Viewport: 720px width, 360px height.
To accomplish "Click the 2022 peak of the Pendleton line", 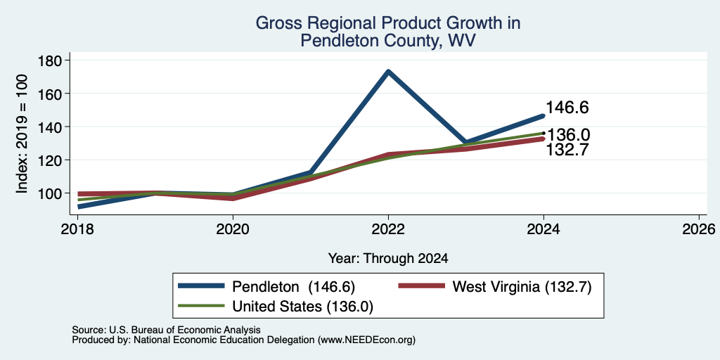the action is pos(388,71).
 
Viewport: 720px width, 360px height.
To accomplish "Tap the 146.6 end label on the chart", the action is pos(567,108).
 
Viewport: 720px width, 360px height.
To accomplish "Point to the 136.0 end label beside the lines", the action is pos(567,135).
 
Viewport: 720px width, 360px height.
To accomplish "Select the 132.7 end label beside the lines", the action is pos(567,150).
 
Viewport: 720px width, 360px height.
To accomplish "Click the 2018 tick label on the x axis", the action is pos(77,229).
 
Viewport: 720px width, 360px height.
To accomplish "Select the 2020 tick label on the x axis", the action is pos(233,229).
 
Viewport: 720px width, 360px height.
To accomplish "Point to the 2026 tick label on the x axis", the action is pos(699,229).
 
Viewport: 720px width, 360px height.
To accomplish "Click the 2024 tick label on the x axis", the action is pos(544,229).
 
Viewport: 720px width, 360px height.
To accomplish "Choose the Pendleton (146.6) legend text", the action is pos(294,287).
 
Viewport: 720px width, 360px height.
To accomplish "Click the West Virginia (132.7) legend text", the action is pos(522,287).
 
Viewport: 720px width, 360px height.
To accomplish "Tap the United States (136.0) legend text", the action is pos(302,307).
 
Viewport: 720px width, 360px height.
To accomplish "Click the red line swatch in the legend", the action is pos(422,286).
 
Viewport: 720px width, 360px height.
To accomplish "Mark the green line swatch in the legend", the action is pos(202,306).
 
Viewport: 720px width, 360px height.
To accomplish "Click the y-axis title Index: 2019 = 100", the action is pos(22,134).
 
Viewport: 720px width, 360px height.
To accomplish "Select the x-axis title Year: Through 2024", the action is pos(388,259).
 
